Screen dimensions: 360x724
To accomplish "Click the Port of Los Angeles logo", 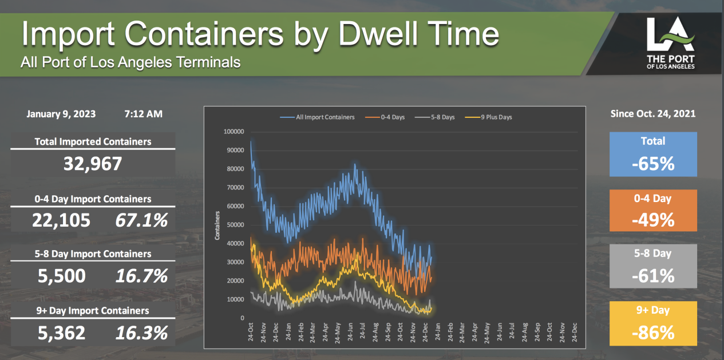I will [670, 42].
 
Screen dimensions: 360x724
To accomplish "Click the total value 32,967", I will [93, 164].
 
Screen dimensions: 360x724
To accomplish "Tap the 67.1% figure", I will [141, 221].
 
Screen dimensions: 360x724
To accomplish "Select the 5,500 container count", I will [62, 276].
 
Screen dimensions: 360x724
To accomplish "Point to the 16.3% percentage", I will [141, 333].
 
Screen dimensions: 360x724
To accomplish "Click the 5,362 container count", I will [62, 333].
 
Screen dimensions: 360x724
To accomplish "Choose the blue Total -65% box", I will [653, 154].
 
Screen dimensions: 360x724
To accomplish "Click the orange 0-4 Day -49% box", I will [653, 211].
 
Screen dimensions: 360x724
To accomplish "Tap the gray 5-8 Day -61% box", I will [653, 266].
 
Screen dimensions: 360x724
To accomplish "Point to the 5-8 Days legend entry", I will [438, 117].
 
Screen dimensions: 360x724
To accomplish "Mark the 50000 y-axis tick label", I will [235, 225].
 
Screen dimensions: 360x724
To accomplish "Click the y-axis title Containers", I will [217, 225].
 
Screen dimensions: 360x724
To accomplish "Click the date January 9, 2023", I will [61, 114].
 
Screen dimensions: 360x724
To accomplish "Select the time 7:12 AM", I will [143, 114].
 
